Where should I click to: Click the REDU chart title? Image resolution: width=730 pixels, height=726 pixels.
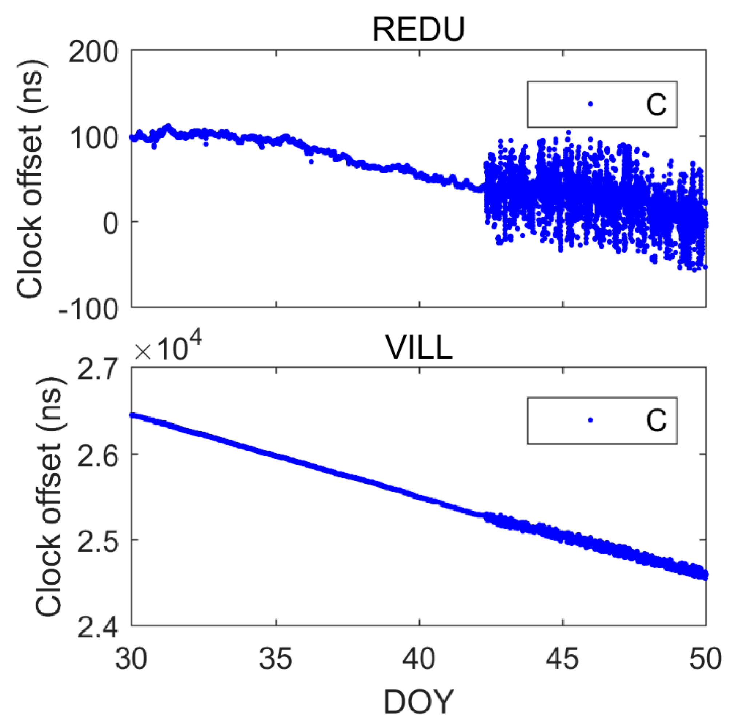point(418,30)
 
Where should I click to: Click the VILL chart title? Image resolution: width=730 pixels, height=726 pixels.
point(418,348)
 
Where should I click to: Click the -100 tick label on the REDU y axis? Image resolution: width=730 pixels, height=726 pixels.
point(88,311)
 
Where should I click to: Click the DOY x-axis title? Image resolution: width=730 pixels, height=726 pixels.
point(418,702)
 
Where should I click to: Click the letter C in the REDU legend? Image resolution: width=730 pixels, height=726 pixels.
point(656,105)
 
